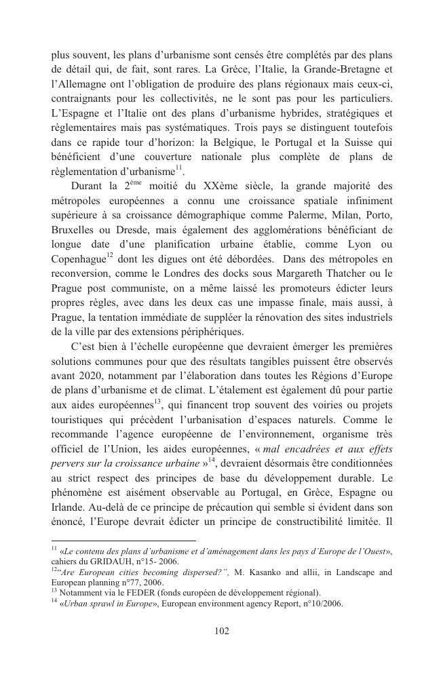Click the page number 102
point(221,631)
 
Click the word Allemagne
point(86,85)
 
